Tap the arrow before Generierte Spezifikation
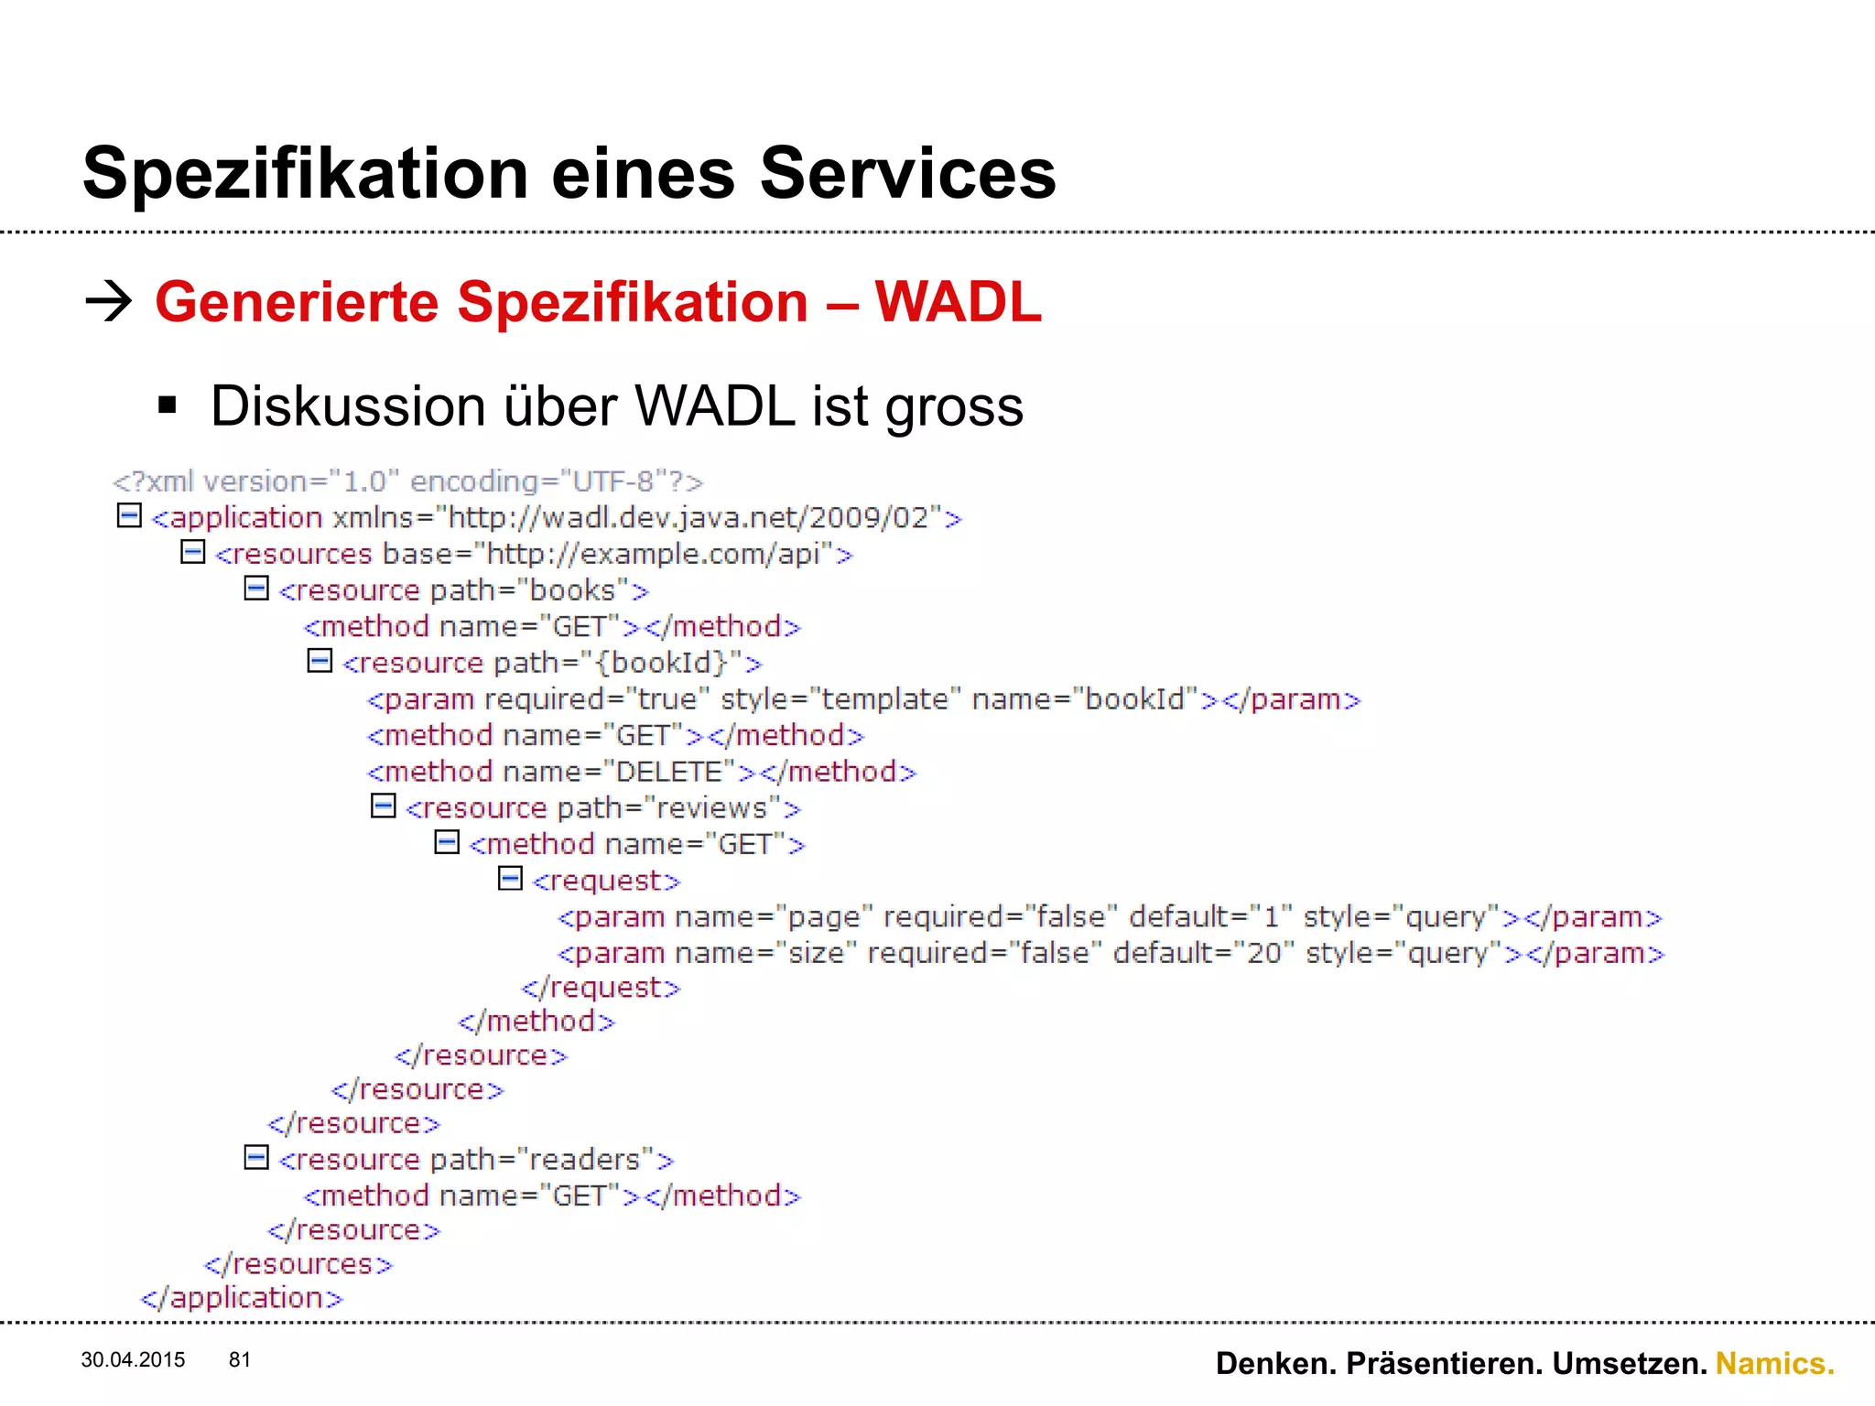[x=108, y=302]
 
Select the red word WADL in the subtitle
[x=958, y=302]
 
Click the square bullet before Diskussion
[x=167, y=406]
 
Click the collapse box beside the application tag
[x=129, y=515]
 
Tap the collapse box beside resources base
[x=192, y=552]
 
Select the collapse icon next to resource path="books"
[x=256, y=588]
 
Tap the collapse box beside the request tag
[x=510, y=879]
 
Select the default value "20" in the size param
[x=1264, y=953]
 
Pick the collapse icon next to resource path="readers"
[x=256, y=1158]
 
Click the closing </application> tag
[x=242, y=1298]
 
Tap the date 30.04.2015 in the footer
[x=133, y=1360]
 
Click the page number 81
[x=240, y=1360]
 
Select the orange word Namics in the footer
[x=1774, y=1364]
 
